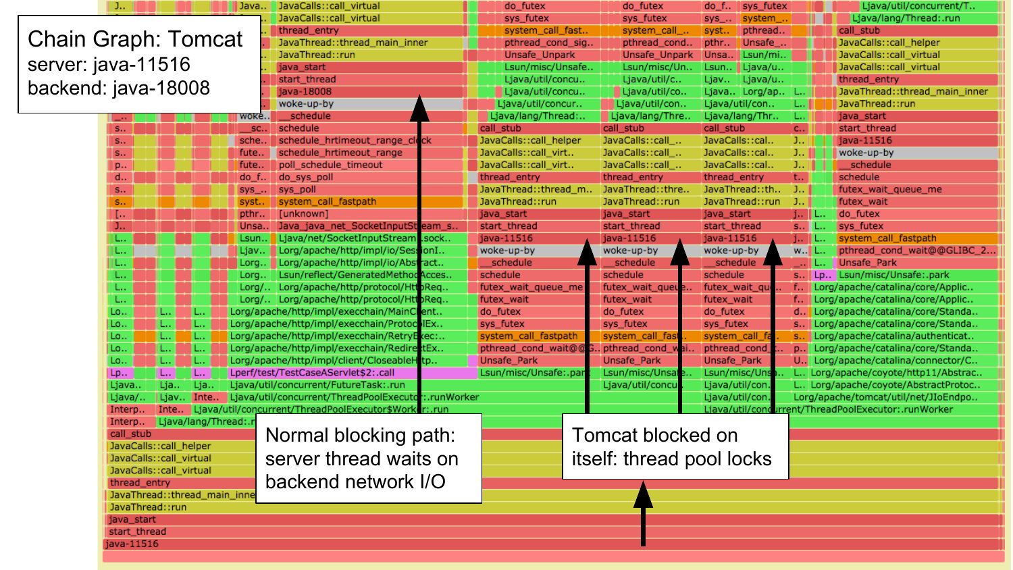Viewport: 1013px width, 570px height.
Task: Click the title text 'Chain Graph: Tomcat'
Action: (x=135, y=39)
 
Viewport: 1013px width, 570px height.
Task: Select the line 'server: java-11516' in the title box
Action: (x=109, y=65)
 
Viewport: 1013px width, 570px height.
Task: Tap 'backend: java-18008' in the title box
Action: (x=119, y=88)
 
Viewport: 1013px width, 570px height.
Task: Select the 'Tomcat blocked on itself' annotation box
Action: (x=675, y=447)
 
